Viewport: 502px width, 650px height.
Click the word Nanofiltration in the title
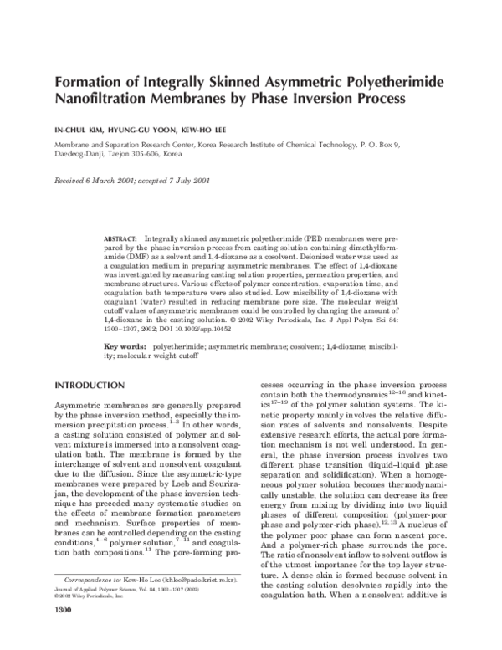pyautogui.click(x=106, y=99)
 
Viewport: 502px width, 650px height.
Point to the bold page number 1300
pyautogui.click(x=64, y=633)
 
